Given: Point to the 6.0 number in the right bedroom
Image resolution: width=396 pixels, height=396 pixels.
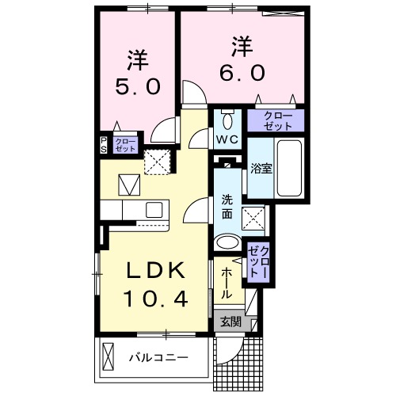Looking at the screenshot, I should [242, 71].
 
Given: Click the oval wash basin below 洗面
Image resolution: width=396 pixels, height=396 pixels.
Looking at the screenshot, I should [227, 243].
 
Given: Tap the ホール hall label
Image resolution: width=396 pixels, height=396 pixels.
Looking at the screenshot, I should [226, 281].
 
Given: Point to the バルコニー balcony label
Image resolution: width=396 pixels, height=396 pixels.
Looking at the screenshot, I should [158, 358].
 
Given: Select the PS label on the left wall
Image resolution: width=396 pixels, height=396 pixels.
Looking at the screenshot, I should [104, 145].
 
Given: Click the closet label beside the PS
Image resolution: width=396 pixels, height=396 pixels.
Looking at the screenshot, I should [124, 145].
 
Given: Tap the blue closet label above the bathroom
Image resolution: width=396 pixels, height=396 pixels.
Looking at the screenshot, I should [273, 121].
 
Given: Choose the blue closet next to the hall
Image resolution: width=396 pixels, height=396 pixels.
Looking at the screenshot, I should [258, 260].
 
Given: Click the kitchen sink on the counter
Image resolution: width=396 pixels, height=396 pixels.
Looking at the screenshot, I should [152, 209].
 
